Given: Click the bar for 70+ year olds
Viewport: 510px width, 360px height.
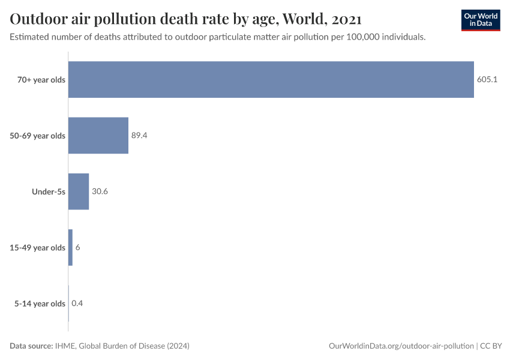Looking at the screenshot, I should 271,80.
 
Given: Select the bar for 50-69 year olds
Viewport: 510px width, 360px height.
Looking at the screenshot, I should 98,136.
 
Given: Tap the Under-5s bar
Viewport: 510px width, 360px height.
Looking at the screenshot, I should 79,191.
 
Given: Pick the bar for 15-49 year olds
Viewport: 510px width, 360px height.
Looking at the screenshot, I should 70,247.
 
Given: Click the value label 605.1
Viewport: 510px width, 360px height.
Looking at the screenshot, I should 487,80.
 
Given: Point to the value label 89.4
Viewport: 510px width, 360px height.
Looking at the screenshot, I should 139,136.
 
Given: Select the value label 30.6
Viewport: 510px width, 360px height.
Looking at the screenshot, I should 100,191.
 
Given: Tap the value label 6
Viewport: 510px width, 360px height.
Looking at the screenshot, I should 77,247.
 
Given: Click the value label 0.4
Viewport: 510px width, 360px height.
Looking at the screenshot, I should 77,303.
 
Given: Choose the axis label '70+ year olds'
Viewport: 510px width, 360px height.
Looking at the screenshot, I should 41,80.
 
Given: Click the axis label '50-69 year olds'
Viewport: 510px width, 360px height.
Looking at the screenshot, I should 37,136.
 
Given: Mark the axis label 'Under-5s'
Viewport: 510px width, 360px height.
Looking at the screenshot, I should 49,191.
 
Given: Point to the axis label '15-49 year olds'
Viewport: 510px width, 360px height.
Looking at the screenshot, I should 37,247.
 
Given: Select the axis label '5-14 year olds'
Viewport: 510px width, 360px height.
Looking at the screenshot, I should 40,303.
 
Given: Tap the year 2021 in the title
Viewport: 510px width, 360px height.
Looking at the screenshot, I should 346,19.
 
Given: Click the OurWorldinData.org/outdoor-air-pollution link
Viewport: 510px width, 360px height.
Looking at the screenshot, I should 401,346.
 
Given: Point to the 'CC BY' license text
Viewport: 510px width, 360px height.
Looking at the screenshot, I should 491,346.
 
